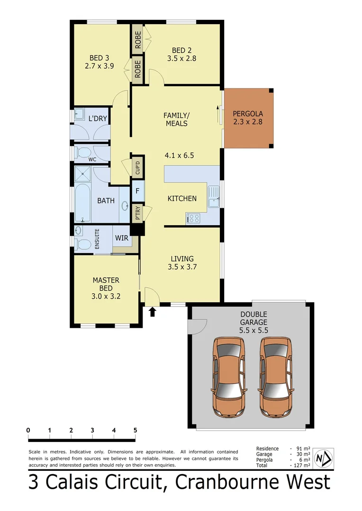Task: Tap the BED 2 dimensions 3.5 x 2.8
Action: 181,59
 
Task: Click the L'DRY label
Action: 98,118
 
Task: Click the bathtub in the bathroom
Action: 83,203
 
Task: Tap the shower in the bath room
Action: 83,174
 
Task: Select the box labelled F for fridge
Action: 137,192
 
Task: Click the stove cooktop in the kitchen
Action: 193,218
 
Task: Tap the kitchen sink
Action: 214,197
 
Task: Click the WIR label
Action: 121,238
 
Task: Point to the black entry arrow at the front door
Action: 153,311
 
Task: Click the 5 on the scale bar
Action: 136,430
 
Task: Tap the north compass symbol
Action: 324,458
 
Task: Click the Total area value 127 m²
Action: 301,466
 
